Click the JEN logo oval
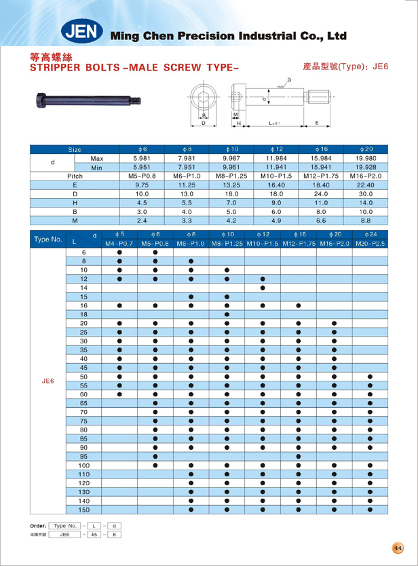81,32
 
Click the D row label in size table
75,193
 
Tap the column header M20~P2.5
370,243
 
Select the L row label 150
84,509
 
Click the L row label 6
84,252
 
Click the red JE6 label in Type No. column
47,381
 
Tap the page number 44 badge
397,548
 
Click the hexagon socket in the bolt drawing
204,102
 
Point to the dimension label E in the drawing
318,123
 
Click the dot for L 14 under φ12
263,288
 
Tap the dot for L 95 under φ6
155,456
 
